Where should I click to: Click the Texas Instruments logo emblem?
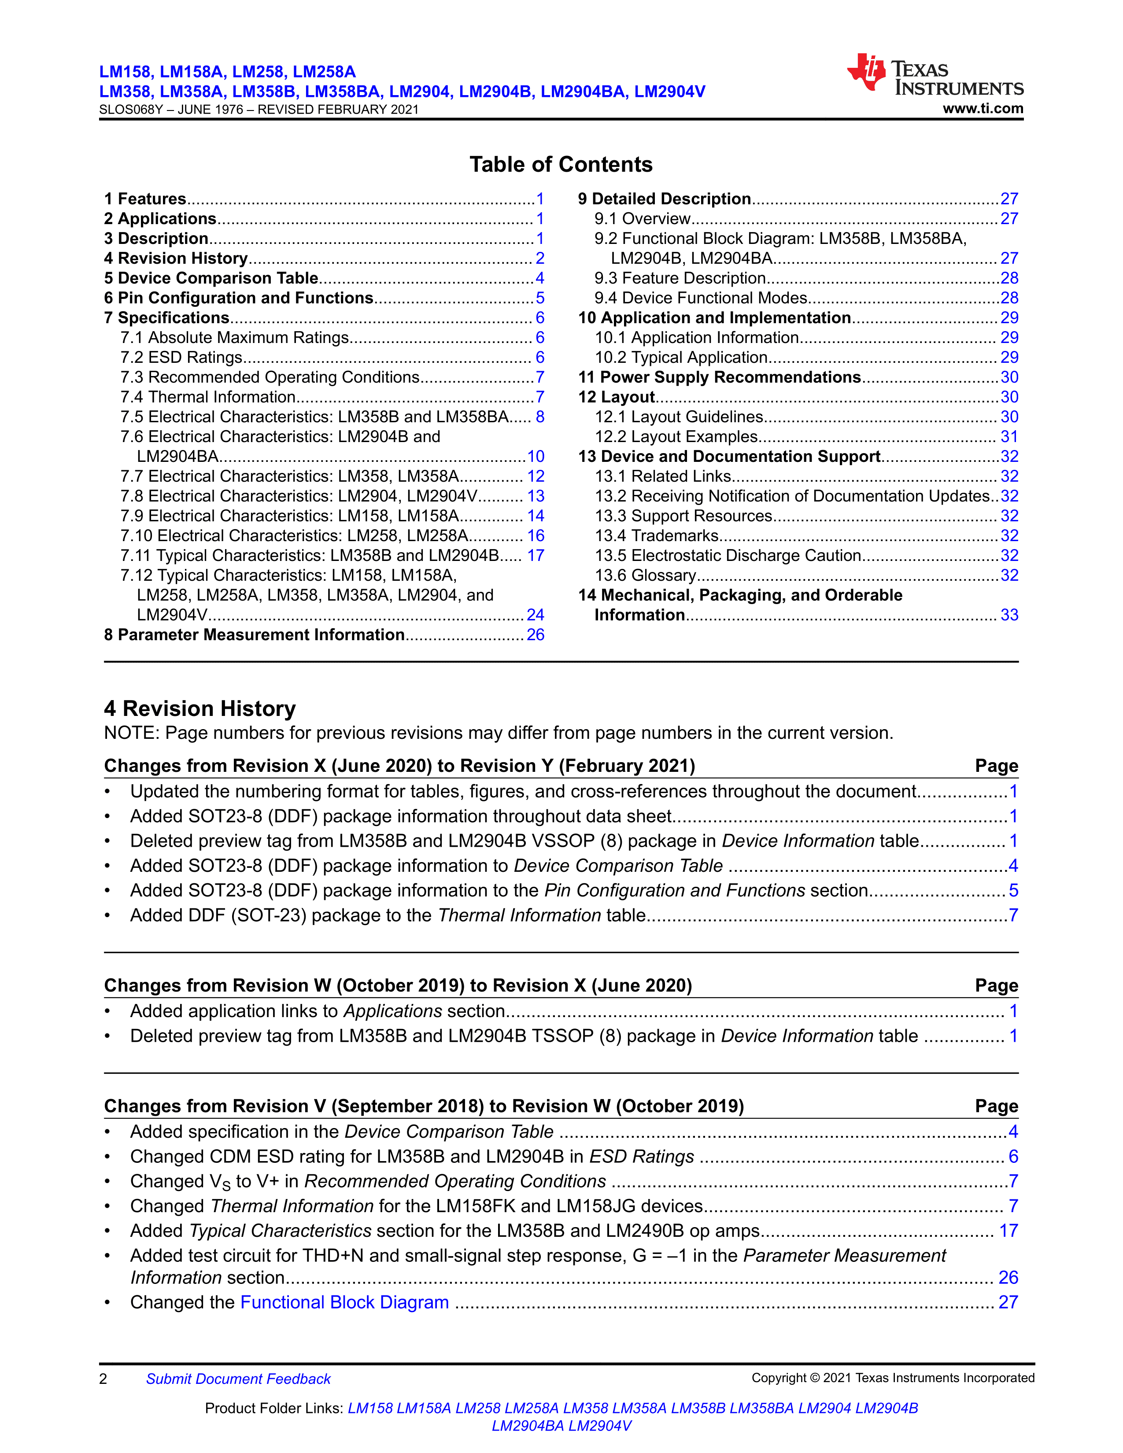[x=866, y=71]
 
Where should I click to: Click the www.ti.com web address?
[x=983, y=108]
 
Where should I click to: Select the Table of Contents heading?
[x=561, y=164]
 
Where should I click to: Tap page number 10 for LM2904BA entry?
[x=536, y=457]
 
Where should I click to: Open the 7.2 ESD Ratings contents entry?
[x=181, y=357]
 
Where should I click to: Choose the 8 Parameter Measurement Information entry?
[x=254, y=634]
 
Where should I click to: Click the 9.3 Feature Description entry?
[x=680, y=278]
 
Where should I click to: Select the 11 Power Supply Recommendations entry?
[x=719, y=377]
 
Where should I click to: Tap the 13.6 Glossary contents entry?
[x=645, y=575]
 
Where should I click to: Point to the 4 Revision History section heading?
[x=199, y=708]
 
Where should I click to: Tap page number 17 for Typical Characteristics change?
[x=1008, y=1231]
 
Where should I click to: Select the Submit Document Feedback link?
[x=238, y=1379]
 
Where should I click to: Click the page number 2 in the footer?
[x=103, y=1379]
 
